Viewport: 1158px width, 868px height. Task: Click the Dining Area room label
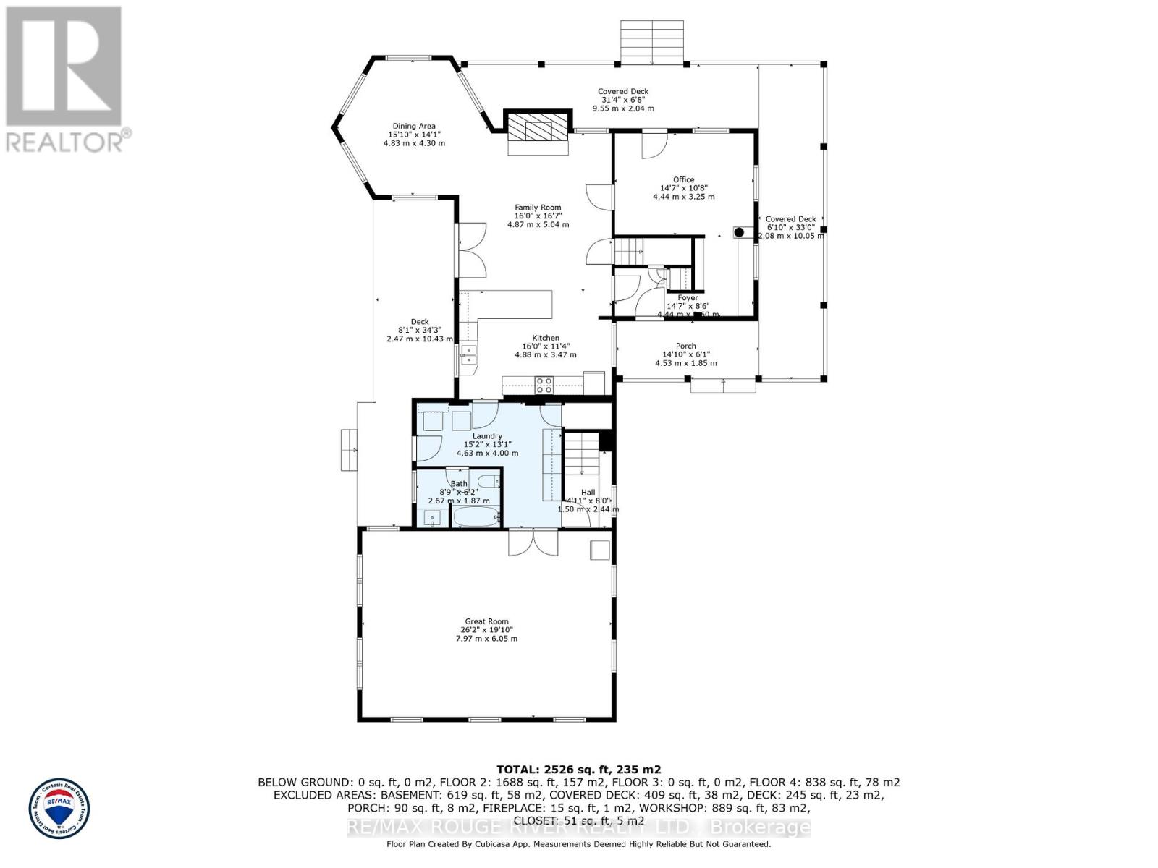point(414,126)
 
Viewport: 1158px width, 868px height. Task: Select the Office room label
point(683,179)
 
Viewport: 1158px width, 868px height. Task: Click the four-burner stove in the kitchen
point(544,386)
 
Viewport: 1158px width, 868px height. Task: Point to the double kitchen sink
point(468,354)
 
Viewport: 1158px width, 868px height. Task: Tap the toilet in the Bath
point(490,481)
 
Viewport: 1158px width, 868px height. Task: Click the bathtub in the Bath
point(476,516)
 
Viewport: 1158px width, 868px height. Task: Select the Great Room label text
point(486,621)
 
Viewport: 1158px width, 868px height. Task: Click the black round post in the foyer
point(740,232)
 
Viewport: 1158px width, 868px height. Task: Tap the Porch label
point(685,346)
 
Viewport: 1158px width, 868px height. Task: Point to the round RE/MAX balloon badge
point(59,808)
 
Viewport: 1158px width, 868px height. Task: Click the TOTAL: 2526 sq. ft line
point(578,770)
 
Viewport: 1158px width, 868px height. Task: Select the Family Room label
point(538,208)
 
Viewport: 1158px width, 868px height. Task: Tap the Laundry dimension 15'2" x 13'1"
point(487,445)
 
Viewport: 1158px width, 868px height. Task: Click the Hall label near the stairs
point(588,493)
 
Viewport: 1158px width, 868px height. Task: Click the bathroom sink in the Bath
point(432,517)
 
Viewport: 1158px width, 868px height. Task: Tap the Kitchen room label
point(546,338)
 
